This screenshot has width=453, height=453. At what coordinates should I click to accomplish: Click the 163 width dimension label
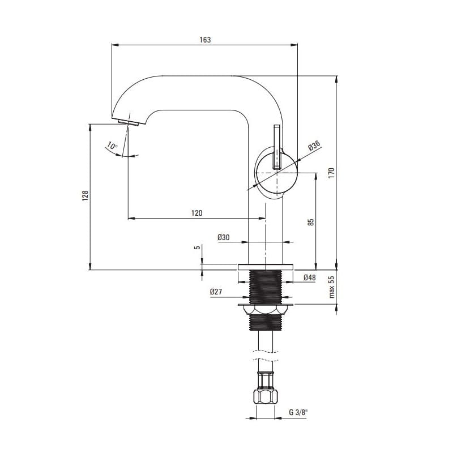click(205, 40)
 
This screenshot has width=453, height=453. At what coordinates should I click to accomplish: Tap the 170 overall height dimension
click(331, 173)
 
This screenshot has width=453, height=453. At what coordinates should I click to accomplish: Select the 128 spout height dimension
click(85, 195)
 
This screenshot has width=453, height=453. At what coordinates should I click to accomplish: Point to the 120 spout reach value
click(196, 213)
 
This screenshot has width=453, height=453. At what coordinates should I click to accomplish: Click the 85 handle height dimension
click(310, 222)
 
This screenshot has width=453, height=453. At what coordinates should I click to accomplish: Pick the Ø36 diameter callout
click(314, 146)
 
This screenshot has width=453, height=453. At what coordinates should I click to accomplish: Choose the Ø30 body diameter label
click(223, 237)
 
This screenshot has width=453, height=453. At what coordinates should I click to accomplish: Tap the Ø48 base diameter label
click(309, 277)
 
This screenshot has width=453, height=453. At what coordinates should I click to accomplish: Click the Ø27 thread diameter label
click(216, 292)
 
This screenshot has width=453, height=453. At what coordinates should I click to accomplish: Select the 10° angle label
click(112, 146)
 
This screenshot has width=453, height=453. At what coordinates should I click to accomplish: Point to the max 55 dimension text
click(331, 287)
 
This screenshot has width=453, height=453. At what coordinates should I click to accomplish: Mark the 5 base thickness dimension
click(198, 247)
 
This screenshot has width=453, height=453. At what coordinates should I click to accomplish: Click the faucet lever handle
click(277, 147)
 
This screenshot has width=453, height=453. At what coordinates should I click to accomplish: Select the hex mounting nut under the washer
click(265, 310)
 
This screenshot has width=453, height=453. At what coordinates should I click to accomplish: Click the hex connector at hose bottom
click(265, 397)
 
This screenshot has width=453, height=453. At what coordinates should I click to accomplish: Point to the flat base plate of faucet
click(265, 267)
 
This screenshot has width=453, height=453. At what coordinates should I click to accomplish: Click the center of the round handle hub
click(277, 173)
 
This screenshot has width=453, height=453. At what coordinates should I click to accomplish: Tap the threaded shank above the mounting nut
click(265, 287)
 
